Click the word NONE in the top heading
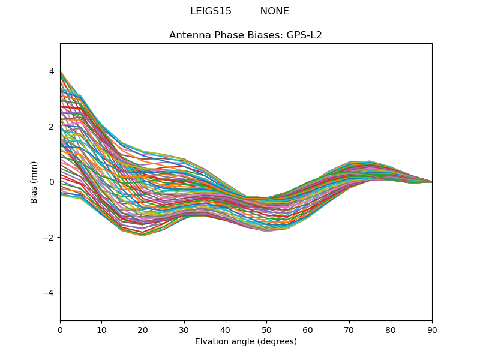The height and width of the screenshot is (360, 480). [x=274, y=11]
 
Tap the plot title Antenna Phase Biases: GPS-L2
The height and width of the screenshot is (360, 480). [x=245, y=35]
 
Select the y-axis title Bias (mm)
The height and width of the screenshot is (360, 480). [x=34, y=182]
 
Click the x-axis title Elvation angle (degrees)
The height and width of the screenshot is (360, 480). [x=245, y=342]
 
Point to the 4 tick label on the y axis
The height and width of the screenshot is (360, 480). [x=52, y=71]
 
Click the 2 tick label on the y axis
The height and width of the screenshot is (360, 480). [x=52, y=127]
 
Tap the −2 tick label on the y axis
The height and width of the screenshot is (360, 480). [x=49, y=238]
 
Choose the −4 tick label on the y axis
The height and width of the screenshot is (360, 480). [x=49, y=293]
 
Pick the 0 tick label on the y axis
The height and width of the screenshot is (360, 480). [x=52, y=182]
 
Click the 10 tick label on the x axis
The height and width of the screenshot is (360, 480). [x=101, y=330]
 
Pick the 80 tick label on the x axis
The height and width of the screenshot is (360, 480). [x=391, y=330]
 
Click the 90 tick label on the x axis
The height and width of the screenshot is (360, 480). [x=431, y=330]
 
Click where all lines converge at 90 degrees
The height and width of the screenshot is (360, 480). [x=431, y=182]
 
